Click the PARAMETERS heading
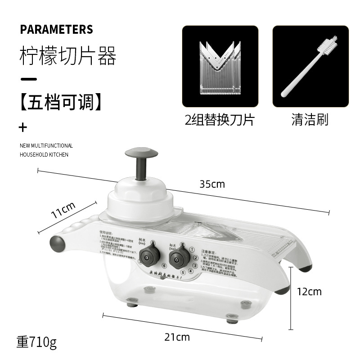pos(56,30)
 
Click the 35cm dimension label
pos(212,184)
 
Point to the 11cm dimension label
pos(63,210)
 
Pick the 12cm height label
pos(309,292)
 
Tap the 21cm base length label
pos(176,337)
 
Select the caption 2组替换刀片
pos(220,120)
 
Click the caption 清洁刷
pos(310,120)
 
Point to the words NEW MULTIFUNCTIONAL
pos(46,146)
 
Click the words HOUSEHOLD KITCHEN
pos(44,155)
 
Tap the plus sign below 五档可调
pos(23,127)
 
